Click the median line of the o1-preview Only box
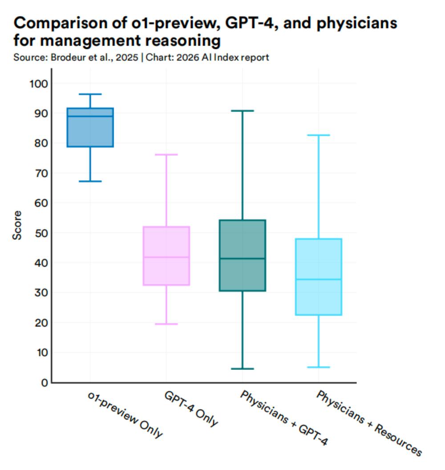click(x=90, y=116)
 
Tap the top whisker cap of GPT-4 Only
click(x=166, y=155)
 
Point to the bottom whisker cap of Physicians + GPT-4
click(x=243, y=369)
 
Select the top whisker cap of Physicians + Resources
click(x=319, y=135)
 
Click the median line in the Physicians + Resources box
click(x=319, y=279)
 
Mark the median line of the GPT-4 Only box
click(x=166, y=257)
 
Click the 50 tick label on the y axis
click(x=39, y=233)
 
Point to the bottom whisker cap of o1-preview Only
click(x=90, y=181)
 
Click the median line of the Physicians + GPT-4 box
click(x=243, y=259)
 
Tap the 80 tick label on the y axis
click(x=39, y=143)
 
